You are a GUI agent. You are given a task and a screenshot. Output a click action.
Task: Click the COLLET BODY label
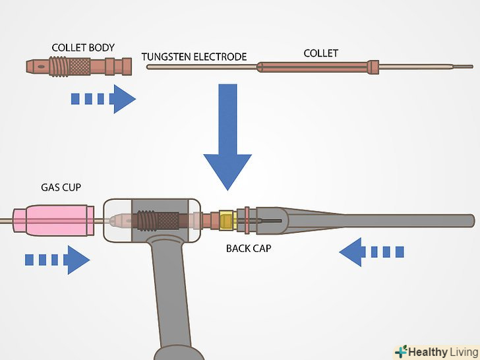click(x=83, y=47)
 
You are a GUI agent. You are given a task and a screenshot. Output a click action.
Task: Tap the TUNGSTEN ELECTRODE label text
click(x=194, y=57)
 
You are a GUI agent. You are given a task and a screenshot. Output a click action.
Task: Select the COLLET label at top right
click(x=320, y=53)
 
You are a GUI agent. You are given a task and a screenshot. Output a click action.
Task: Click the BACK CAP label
click(x=249, y=249)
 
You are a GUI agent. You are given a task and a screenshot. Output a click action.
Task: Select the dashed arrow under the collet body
click(x=103, y=99)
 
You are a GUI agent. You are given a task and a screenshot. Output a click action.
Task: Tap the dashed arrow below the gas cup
click(x=57, y=259)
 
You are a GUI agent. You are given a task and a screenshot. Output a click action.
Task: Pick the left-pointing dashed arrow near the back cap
click(x=372, y=251)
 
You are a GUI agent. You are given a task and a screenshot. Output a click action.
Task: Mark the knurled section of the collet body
click(x=80, y=67)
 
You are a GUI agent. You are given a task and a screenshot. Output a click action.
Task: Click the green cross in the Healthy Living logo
click(x=402, y=351)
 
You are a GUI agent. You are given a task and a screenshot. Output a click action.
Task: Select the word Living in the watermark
click(x=459, y=351)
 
